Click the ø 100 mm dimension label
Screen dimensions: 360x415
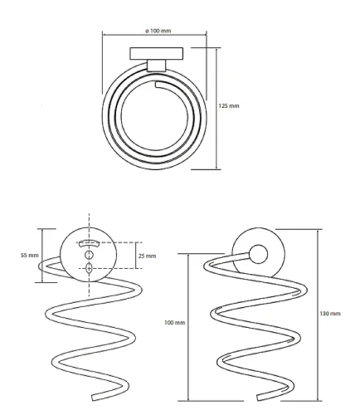click(x=158, y=31)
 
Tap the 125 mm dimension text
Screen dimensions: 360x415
click(x=229, y=105)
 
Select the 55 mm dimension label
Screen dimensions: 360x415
click(x=29, y=255)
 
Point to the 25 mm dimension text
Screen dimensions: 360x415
click(x=147, y=256)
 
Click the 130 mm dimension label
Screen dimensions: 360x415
click(x=330, y=314)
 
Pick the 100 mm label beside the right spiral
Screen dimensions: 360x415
click(x=174, y=323)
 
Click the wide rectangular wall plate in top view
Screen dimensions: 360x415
click(x=157, y=53)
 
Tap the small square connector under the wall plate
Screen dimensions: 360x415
click(x=157, y=66)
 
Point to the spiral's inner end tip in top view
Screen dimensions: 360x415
click(x=156, y=85)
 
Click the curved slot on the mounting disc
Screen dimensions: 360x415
click(x=89, y=243)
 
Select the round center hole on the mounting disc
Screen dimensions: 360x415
click(x=89, y=254)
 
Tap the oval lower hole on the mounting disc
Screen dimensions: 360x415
click(x=89, y=268)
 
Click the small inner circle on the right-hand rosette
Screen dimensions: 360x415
click(x=258, y=254)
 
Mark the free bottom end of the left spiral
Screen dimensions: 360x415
click(x=94, y=398)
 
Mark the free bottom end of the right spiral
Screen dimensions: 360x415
click(x=259, y=398)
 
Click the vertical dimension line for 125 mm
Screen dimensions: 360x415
click(x=216, y=109)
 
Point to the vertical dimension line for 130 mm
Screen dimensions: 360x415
click(x=317, y=315)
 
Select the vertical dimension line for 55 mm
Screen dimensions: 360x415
click(x=42, y=256)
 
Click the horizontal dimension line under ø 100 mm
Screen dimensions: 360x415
click(x=154, y=35)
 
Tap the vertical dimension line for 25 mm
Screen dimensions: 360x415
click(x=136, y=256)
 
